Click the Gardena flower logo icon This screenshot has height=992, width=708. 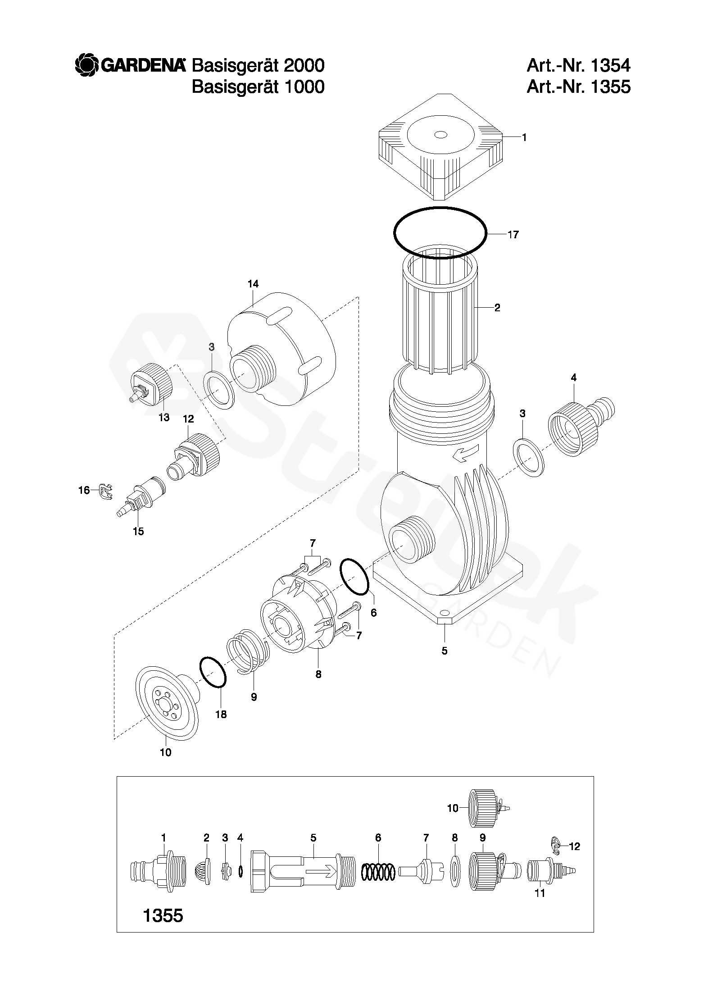point(86,65)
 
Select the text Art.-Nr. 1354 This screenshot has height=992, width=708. point(578,66)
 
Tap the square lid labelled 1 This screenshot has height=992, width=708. point(440,146)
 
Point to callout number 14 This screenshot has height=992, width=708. point(253,284)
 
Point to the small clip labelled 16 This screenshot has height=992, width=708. point(104,492)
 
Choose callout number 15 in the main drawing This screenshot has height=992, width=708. point(138,532)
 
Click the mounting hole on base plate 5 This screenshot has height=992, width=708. point(445,613)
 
